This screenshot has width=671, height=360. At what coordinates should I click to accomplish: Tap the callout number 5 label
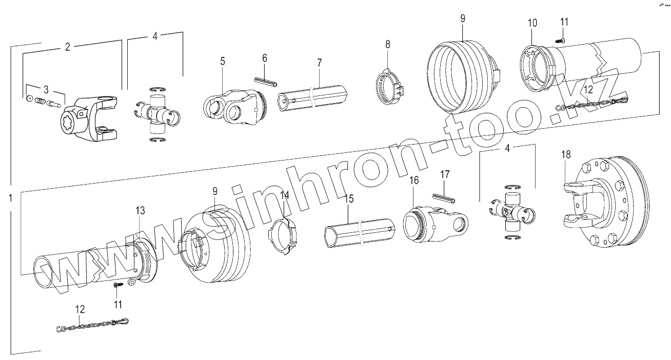222,61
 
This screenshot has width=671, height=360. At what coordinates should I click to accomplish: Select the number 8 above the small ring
388,45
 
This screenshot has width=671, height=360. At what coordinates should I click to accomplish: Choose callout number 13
140,211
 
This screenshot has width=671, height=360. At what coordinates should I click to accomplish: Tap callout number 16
413,180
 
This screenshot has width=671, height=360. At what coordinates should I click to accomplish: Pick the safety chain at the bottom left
92,325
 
